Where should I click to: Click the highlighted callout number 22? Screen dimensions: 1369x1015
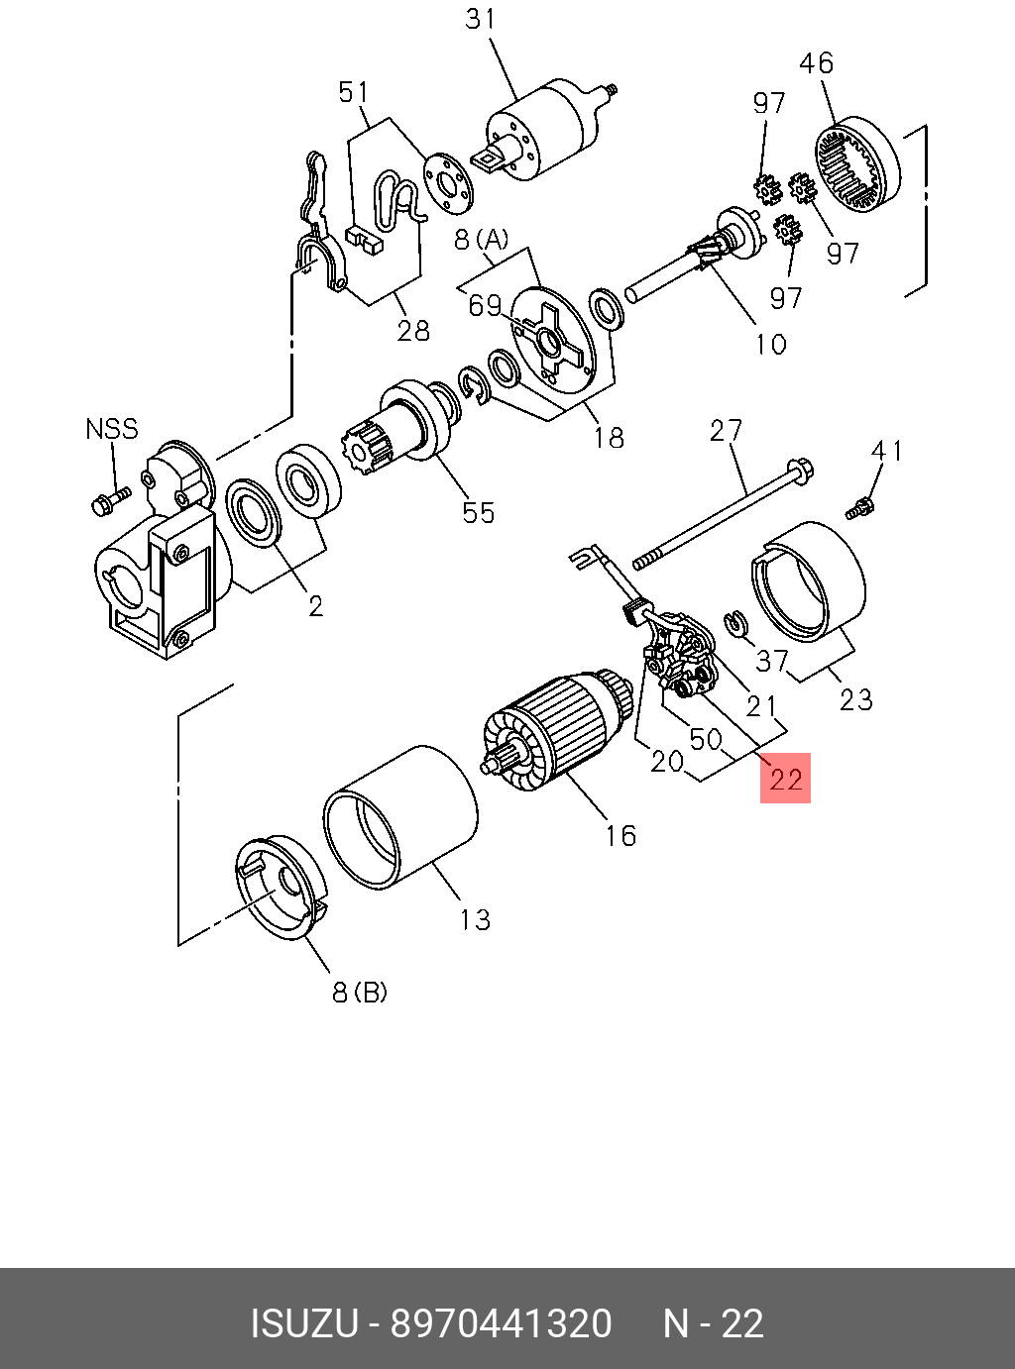(x=785, y=779)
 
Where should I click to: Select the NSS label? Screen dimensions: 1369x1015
(x=111, y=429)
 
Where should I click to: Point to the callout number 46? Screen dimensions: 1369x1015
(x=816, y=63)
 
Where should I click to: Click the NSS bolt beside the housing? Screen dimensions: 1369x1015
(x=109, y=500)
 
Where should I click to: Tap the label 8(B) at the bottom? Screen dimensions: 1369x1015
(x=359, y=992)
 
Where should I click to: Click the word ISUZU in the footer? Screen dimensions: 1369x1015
(x=303, y=1323)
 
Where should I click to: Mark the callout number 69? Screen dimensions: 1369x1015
(x=485, y=306)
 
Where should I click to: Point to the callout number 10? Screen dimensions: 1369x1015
(x=770, y=344)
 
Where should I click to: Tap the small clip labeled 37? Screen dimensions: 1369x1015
(x=734, y=622)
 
